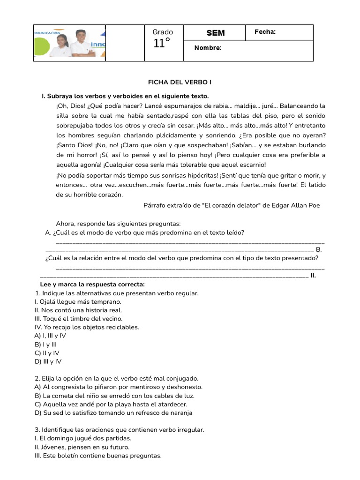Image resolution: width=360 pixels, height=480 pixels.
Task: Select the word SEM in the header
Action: tap(216, 33)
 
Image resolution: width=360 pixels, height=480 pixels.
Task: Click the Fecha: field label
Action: tap(265, 32)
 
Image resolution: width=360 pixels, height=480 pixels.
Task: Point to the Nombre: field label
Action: tap(208, 48)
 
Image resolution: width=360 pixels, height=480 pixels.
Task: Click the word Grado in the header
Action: tap(163, 32)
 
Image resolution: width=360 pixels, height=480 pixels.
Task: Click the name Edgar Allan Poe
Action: tap(294, 205)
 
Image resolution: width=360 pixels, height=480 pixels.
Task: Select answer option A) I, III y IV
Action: tap(50, 336)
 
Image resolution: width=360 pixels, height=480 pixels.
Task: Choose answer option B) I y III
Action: tap(45, 344)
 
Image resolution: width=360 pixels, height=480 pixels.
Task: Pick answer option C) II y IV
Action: tap(47, 352)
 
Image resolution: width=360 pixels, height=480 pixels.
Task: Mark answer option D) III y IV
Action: tap(48, 361)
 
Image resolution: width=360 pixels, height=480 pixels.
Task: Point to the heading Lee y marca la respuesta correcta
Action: tap(92, 285)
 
